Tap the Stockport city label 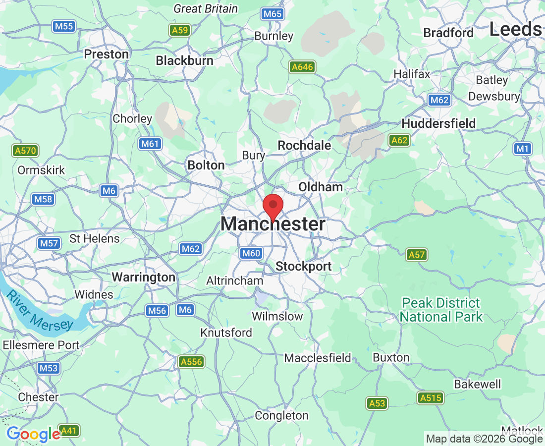click(x=303, y=266)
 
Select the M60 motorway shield click(x=251, y=253)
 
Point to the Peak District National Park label click(x=441, y=310)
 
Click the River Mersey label click(x=40, y=311)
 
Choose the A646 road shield click(x=302, y=66)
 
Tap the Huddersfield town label click(x=438, y=123)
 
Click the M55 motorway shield click(x=64, y=26)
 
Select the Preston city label click(x=107, y=54)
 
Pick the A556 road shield click(x=191, y=361)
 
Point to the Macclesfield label click(x=318, y=357)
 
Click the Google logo click(x=33, y=435)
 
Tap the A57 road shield click(x=417, y=255)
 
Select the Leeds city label click(x=515, y=29)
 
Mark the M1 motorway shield click(x=523, y=148)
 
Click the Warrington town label click(x=144, y=277)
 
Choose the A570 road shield click(x=25, y=150)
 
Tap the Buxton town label click(x=391, y=357)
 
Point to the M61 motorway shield click(x=149, y=144)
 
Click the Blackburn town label click(x=185, y=60)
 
